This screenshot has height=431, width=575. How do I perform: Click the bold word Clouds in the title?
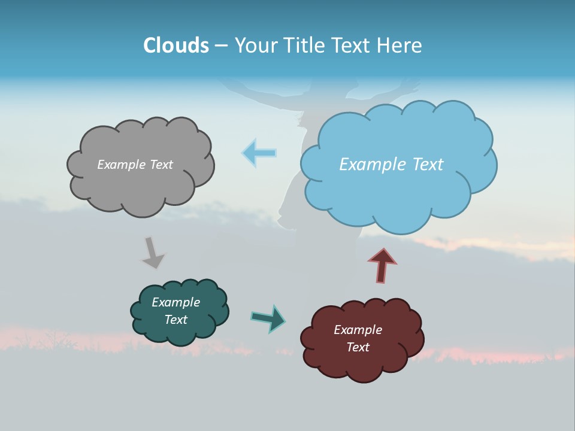click(x=176, y=45)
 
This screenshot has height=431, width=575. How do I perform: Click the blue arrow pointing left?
click(x=259, y=153)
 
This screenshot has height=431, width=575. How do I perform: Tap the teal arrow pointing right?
click(x=268, y=318)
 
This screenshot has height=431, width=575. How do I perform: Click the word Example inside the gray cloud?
click(x=120, y=165)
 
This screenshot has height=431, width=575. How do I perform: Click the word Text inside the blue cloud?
click(x=426, y=165)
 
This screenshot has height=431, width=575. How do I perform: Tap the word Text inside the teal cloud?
click(x=176, y=320)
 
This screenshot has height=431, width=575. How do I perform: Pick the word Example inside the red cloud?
click(x=358, y=330)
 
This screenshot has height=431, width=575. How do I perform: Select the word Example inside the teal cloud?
click(x=176, y=302)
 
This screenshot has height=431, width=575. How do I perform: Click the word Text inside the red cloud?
click(x=358, y=347)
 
